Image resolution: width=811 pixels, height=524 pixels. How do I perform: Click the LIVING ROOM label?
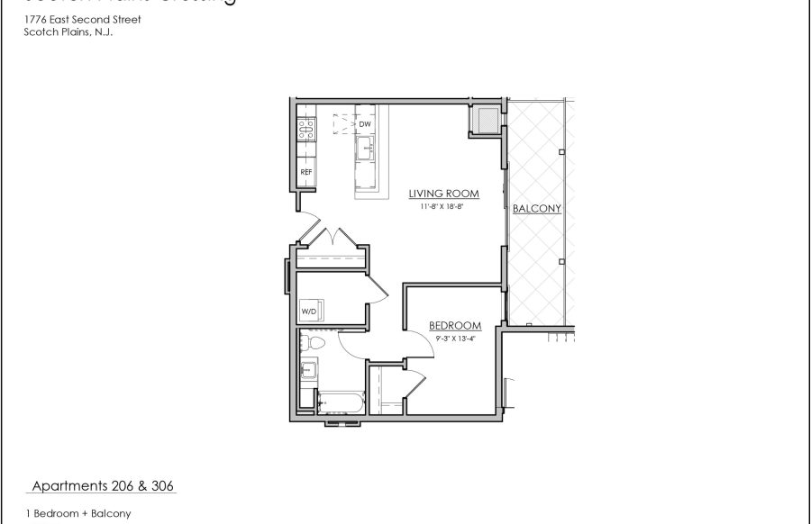(442, 194)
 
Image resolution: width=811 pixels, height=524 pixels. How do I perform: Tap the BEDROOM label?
(454, 326)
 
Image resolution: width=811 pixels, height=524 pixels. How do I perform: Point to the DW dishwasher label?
(365, 123)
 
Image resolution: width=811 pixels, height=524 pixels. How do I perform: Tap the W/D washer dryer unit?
(309, 311)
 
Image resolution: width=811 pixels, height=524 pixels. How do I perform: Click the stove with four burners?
(306, 130)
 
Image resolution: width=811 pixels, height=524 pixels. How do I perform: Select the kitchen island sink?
(365, 149)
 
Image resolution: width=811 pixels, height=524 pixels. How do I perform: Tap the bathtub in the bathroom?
(340, 402)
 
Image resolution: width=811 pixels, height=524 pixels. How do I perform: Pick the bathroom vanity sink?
(308, 368)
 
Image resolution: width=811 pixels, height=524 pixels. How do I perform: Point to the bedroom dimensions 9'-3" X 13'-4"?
(454, 338)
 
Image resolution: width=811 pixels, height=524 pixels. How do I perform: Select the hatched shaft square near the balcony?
(486, 119)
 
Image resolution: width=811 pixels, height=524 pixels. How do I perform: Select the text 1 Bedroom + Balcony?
(78, 514)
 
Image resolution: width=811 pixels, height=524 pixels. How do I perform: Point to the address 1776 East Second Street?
(82, 19)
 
